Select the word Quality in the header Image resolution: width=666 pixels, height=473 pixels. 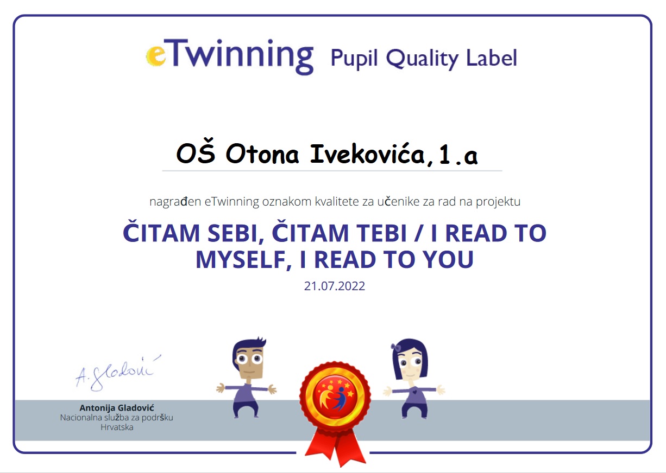[422, 59]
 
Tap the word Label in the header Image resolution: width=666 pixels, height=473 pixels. [492, 57]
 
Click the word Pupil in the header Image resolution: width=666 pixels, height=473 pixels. [354, 59]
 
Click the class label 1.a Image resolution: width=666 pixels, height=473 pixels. [458, 155]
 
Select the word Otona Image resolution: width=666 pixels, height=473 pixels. [262, 154]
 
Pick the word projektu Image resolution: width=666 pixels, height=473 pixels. [498, 202]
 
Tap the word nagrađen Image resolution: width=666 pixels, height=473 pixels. [175, 202]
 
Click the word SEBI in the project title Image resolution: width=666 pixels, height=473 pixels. [236, 233]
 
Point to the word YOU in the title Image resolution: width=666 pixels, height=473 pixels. [448, 259]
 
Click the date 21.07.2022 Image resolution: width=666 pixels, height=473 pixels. [334, 286]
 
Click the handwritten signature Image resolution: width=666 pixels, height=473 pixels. [118, 373]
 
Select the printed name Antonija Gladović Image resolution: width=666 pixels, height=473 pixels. [117, 408]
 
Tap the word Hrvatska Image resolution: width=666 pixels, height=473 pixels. [117, 427]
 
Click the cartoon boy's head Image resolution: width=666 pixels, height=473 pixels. [249, 358]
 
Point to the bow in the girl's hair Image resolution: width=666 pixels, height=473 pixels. [395, 347]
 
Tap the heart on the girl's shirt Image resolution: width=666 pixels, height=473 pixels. [414, 392]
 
